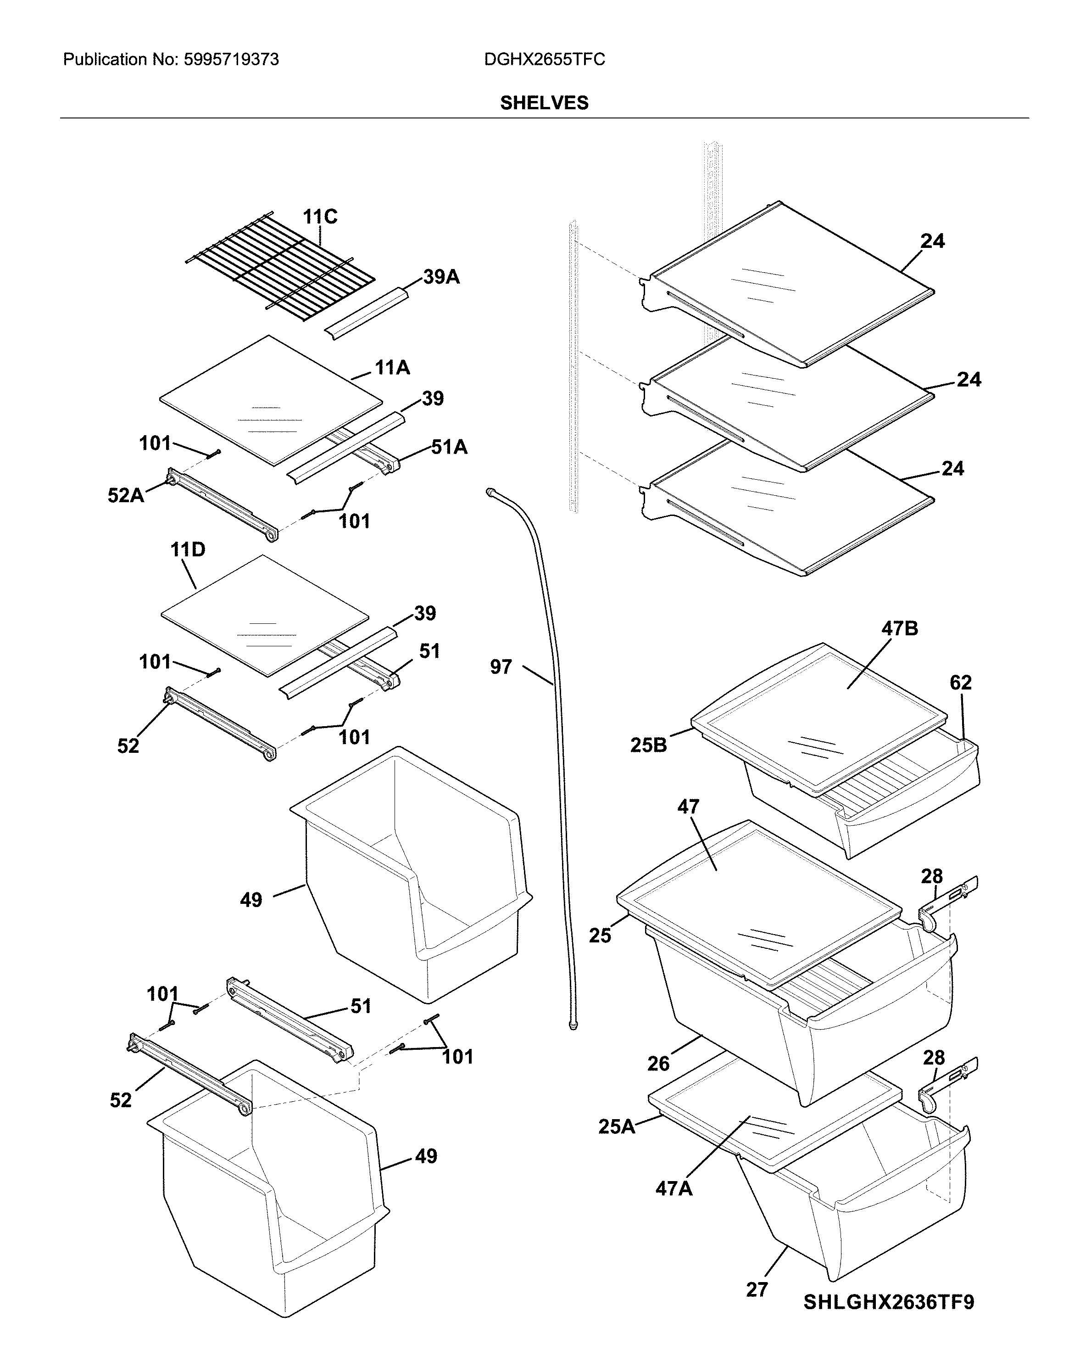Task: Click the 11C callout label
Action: coord(319,217)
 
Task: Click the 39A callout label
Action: coord(441,277)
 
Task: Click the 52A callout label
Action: coord(126,496)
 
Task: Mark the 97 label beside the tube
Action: coord(501,667)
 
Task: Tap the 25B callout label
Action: coord(648,745)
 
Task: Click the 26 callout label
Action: coord(658,1064)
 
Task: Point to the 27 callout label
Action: coord(757,1285)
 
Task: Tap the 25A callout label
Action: coord(616,1126)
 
